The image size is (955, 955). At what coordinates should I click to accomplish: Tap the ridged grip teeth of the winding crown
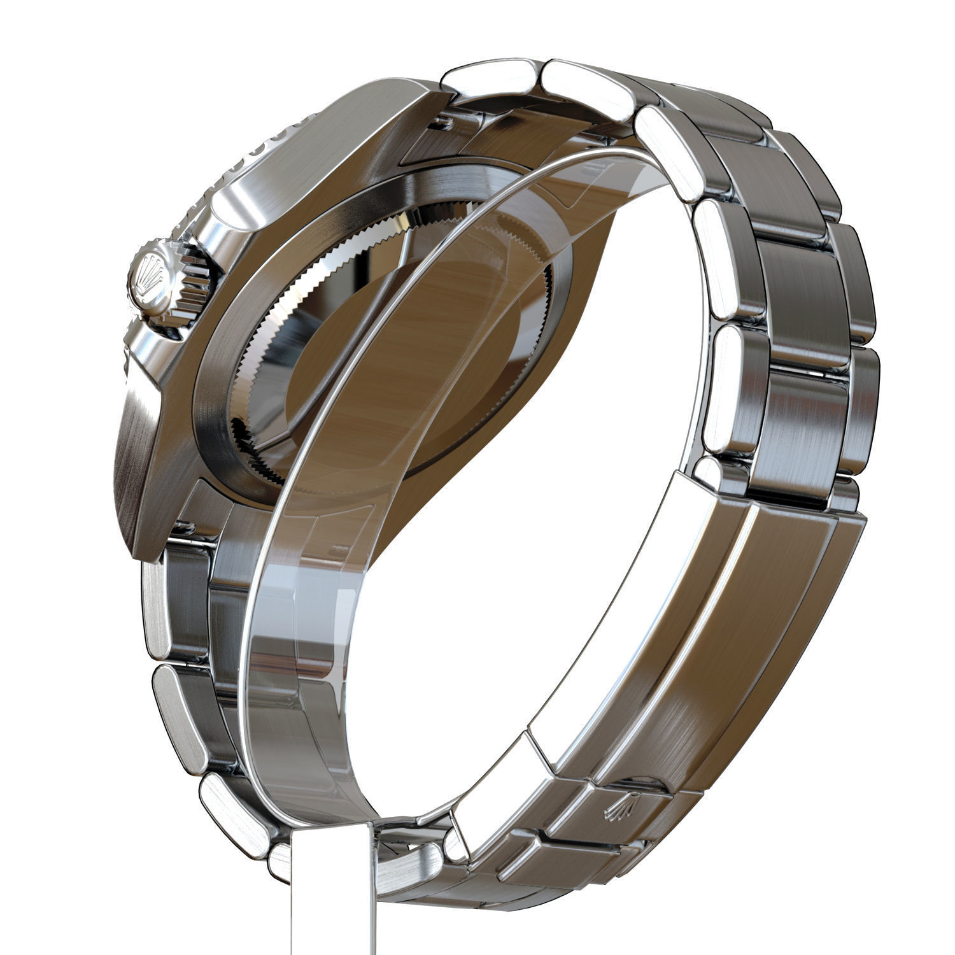click(191, 280)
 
